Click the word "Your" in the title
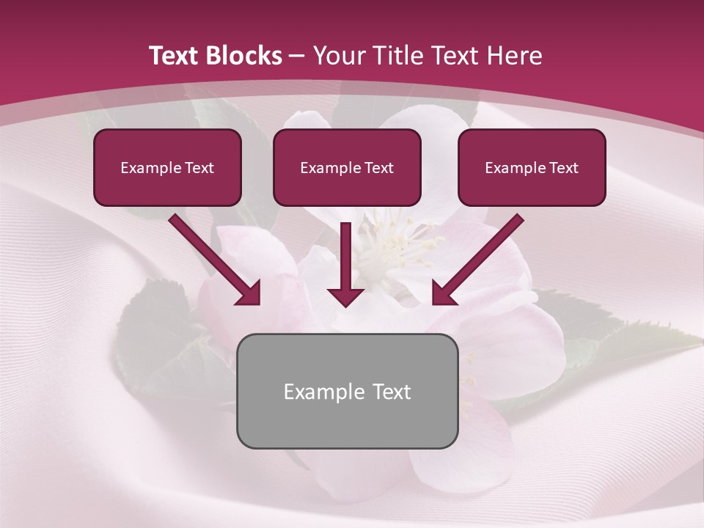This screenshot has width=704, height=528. pos(340,56)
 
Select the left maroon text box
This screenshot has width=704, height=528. pos(167,167)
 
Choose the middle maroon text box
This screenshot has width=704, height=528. pos(347,167)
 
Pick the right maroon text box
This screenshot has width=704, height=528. pos(532,167)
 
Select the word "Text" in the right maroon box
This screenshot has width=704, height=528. pos(563,168)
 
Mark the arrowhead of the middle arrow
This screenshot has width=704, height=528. pos(345,296)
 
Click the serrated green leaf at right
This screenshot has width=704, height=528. pos(645,337)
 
